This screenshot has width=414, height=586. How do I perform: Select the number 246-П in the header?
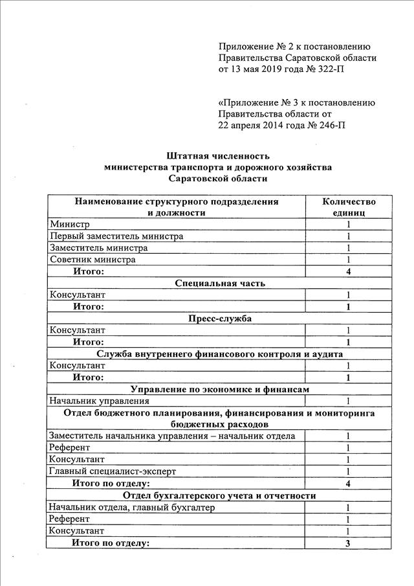[x=329, y=125]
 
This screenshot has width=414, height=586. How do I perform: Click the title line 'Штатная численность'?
[x=218, y=156]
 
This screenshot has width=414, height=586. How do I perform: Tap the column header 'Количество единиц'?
[x=349, y=207]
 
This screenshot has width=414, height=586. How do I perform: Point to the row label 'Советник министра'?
[x=93, y=260]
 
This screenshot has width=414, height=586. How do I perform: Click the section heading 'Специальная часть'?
[x=220, y=283]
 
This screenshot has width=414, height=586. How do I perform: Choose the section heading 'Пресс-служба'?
[x=220, y=319]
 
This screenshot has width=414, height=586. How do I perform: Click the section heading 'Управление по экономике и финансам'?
[x=220, y=390]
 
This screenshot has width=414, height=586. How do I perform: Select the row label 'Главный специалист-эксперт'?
[x=112, y=471]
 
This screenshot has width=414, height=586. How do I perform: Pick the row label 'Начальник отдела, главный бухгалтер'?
[x=132, y=507]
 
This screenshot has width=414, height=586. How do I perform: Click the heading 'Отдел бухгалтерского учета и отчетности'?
[x=220, y=495]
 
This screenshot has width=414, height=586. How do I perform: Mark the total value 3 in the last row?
[x=348, y=543]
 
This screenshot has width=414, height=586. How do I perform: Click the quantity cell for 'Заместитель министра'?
[x=348, y=248]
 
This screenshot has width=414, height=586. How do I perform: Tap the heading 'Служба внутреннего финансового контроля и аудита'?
[x=220, y=354]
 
